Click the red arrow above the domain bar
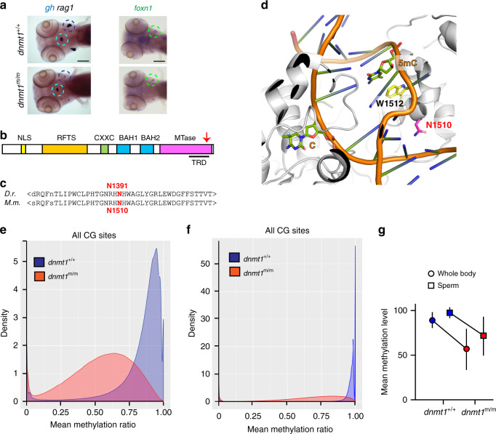207,137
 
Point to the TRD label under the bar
199,162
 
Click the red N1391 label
117,186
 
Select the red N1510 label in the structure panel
439,125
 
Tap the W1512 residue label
389,103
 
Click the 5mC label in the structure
407,63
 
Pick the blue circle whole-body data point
433,321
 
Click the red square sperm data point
484,336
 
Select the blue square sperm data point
449,313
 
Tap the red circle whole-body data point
467,349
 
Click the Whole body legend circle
431,274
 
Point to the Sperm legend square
431,286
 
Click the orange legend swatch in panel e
39,276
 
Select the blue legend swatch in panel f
234,257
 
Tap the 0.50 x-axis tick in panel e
95,412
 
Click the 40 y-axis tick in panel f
205,291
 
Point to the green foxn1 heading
143,8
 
